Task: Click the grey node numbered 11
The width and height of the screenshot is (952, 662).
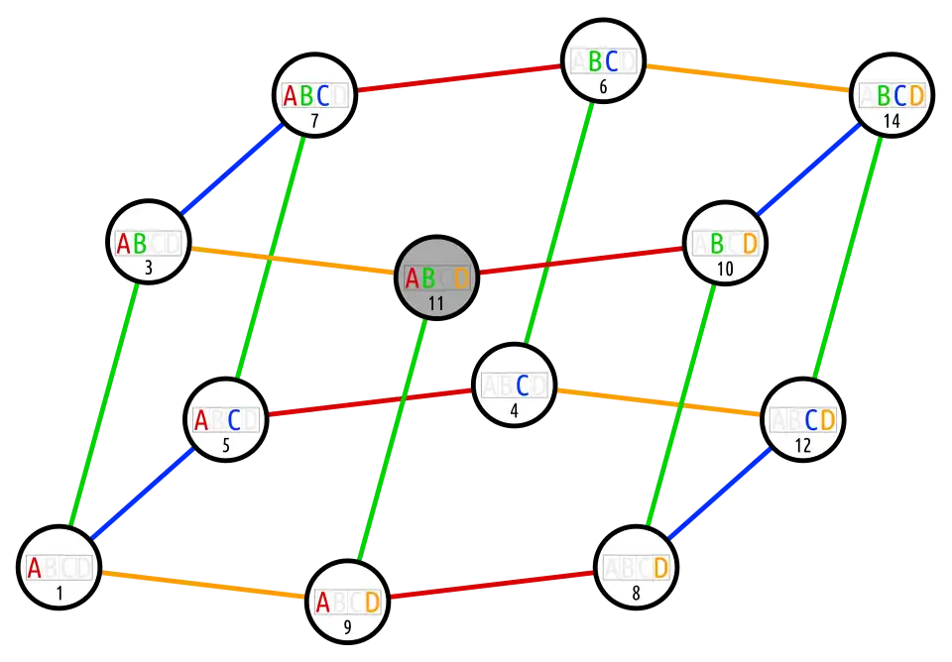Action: pyautogui.click(x=437, y=278)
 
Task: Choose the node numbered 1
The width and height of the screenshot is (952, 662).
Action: pyautogui.click(x=59, y=569)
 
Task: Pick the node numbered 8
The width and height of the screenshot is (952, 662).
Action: pyautogui.click(x=636, y=569)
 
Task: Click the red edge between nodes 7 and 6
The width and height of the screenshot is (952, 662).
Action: pyautogui.click(x=459, y=78)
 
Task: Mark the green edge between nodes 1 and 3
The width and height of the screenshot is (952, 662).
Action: pyautogui.click(x=103, y=400)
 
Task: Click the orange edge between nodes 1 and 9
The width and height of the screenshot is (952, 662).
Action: pyautogui.click(x=202, y=585)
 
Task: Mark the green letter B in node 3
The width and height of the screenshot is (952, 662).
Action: pyautogui.click(x=140, y=243)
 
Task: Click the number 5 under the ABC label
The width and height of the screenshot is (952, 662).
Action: pyautogui.click(x=226, y=446)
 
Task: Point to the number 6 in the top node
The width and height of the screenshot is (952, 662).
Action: pyautogui.click(x=603, y=86)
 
